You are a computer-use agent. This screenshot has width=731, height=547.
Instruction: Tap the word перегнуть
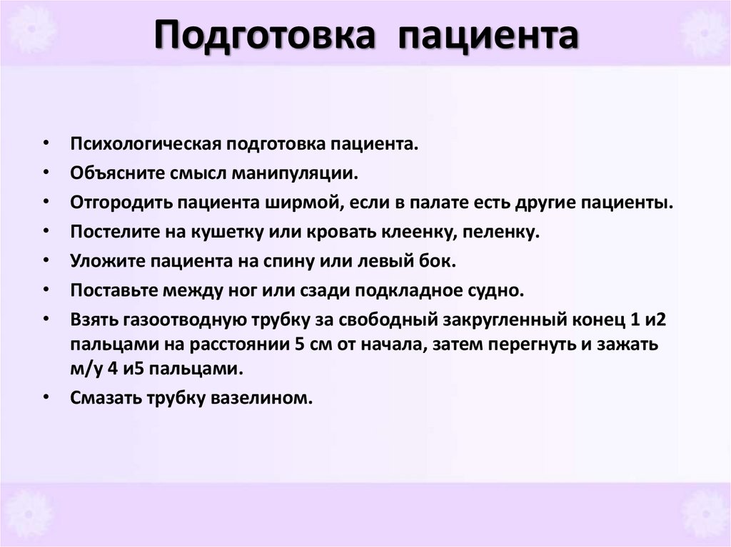point(542,344)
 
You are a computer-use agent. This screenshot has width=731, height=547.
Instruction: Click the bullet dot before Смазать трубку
point(46,398)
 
